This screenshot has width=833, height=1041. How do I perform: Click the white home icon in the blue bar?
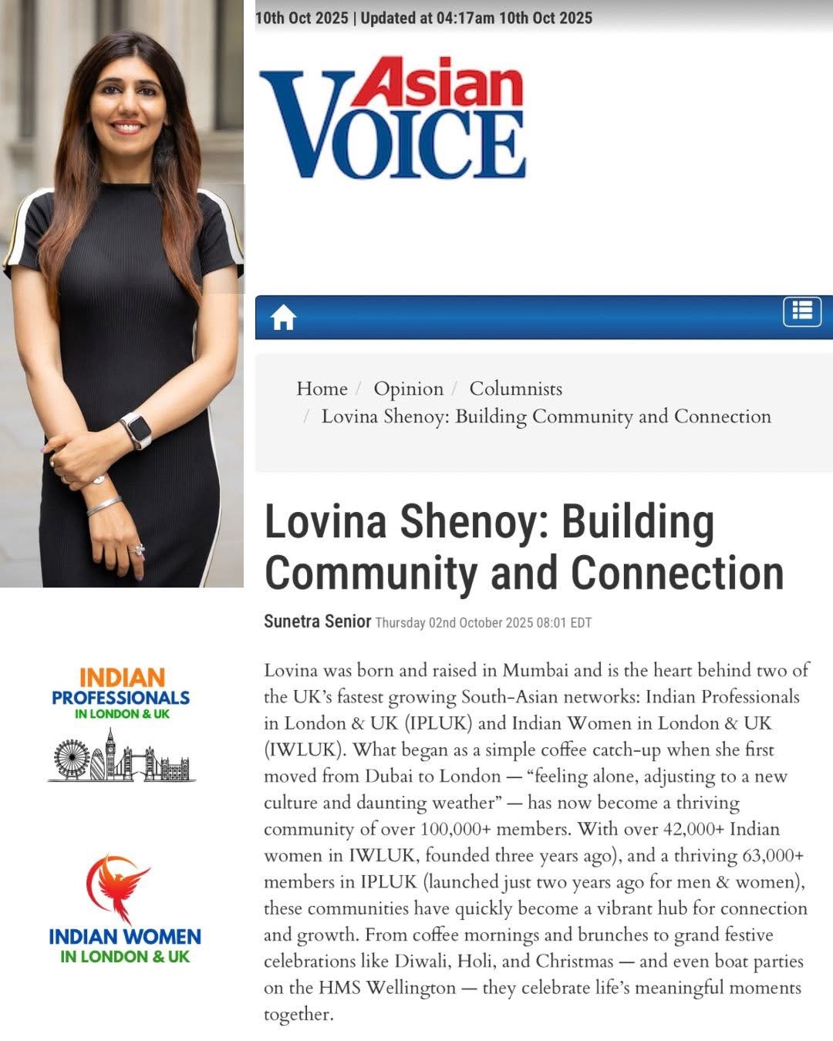coord(283,317)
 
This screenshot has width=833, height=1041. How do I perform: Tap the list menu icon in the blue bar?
coord(802,312)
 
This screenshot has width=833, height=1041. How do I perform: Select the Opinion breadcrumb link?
coord(408,389)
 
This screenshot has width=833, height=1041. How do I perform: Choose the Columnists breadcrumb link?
coord(515,389)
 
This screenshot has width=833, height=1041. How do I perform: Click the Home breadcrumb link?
coord(322,389)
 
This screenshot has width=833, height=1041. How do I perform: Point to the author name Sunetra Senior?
coord(317,622)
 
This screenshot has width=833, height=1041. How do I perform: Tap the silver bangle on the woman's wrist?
coord(104,506)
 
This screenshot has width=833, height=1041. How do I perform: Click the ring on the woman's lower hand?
coord(140,550)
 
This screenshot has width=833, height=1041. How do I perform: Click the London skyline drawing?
coord(121,756)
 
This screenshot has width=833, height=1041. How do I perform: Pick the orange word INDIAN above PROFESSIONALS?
coord(122,678)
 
